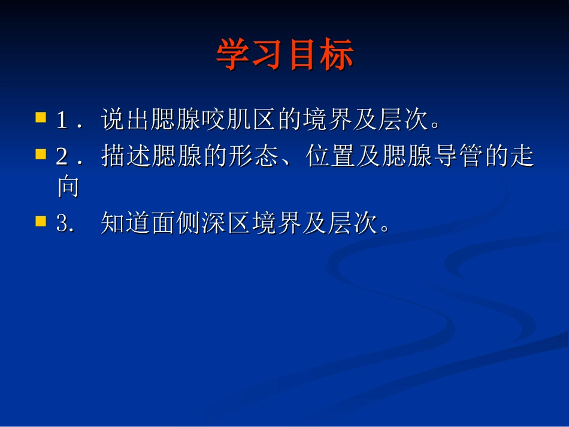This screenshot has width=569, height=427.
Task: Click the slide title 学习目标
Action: click(x=285, y=55)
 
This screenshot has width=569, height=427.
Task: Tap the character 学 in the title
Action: click(x=233, y=55)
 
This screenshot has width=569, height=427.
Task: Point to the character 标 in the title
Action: click(x=336, y=55)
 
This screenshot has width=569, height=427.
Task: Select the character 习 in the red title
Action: click(x=268, y=55)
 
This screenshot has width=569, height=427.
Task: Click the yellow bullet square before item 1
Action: click(x=41, y=117)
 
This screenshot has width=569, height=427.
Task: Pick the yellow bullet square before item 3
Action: click(x=41, y=221)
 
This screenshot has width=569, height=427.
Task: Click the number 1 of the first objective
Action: click(x=62, y=120)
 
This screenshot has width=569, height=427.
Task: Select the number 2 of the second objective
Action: click(x=62, y=158)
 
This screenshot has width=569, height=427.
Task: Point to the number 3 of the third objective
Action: click(x=62, y=225)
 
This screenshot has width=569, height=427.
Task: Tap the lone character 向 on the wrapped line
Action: click(x=68, y=187)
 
